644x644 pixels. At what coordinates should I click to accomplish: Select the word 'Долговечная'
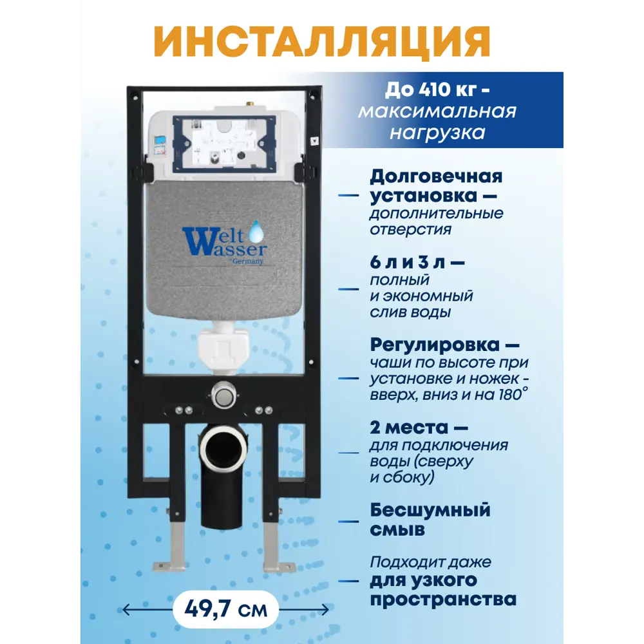(436, 176)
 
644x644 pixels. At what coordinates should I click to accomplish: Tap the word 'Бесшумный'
(430, 510)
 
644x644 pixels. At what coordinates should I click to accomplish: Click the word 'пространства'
(443, 600)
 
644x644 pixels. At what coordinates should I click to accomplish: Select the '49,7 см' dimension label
(225, 609)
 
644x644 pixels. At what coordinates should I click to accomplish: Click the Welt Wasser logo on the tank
(223, 243)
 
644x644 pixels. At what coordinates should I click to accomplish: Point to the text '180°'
(515, 393)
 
